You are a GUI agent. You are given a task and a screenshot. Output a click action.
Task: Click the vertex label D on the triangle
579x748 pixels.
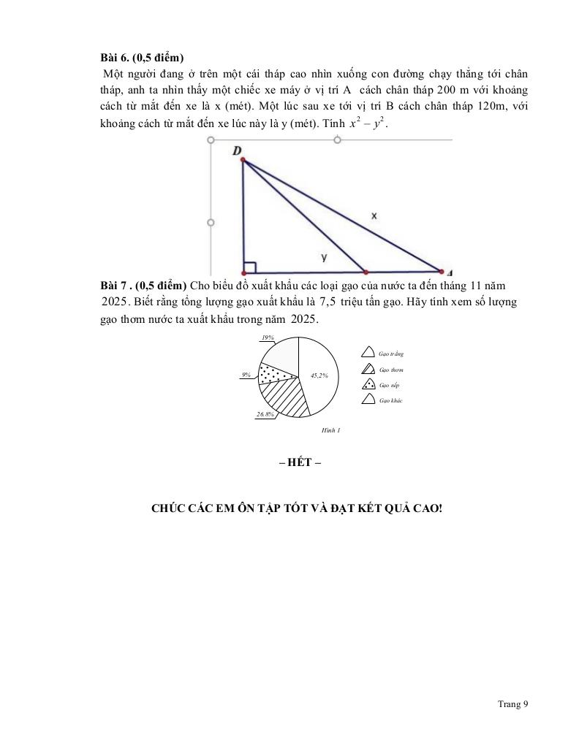[x=237, y=150]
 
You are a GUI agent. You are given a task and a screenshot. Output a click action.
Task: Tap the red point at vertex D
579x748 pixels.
[x=242, y=160]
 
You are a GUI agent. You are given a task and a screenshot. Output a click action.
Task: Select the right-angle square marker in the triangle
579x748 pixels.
[x=250, y=267]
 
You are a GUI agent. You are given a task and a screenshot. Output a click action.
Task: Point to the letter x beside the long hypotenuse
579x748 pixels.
[x=374, y=215]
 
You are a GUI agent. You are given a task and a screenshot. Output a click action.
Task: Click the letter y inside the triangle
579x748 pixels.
[x=324, y=257]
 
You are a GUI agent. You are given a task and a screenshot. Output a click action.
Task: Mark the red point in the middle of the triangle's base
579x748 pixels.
[x=366, y=272]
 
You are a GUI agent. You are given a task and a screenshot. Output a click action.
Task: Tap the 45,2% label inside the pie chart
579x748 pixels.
[x=319, y=375]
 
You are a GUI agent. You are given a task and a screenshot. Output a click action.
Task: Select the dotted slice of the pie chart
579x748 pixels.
[x=278, y=372]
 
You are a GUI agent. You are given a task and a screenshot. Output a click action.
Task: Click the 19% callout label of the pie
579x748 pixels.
[x=268, y=337]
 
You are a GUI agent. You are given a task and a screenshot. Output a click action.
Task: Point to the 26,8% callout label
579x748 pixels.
[x=265, y=414]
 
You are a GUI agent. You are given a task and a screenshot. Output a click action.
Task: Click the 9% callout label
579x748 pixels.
[x=246, y=375]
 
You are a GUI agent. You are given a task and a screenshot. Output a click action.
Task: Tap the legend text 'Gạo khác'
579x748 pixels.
[x=390, y=400]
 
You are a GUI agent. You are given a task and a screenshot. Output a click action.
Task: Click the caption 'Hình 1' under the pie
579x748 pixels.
[x=331, y=430]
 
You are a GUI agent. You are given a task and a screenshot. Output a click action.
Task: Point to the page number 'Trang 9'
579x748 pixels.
[x=512, y=704]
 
